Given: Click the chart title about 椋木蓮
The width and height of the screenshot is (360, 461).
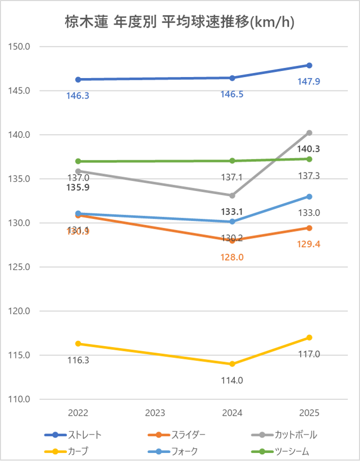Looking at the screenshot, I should pyautogui.click(x=180, y=22).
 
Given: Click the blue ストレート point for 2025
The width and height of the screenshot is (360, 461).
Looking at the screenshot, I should pyautogui.click(x=309, y=65).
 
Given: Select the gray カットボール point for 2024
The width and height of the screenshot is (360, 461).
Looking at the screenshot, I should pyautogui.click(x=232, y=196).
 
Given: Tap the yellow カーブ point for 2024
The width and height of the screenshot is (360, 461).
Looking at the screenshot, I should pyautogui.click(x=232, y=364).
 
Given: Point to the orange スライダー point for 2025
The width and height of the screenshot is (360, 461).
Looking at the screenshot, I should pyautogui.click(x=309, y=228).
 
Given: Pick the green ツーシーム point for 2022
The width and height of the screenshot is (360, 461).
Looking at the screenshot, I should pyautogui.click(x=78, y=161).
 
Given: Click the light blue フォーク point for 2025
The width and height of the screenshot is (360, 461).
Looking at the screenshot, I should pyautogui.click(x=309, y=197).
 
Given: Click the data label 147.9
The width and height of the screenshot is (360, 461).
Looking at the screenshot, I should pyautogui.click(x=309, y=82).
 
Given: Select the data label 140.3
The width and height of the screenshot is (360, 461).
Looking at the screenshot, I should pyautogui.click(x=309, y=149).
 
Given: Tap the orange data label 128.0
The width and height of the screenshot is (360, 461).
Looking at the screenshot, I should pyautogui.click(x=232, y=257).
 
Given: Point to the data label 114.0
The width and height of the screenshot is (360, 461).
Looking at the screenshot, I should pyautogui.click(x=232, y=380).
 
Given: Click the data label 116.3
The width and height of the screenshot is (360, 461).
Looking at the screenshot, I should pyautogui.click(x=78, y=360).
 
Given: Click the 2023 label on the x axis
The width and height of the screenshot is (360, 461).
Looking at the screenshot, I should pyautogui.click(x=155, y=413).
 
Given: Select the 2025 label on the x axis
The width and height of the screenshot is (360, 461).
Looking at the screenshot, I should pyautogui.click(x=309, y=413).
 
